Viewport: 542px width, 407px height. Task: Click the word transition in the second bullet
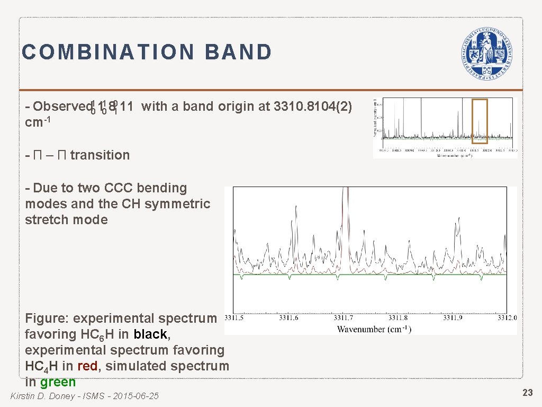pos(100,155)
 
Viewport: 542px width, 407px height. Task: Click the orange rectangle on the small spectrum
pos(480,121)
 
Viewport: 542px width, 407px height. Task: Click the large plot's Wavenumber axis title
pos(374,329)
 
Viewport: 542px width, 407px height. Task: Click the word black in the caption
pos(150,334)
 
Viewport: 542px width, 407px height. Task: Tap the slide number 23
pos(527,393)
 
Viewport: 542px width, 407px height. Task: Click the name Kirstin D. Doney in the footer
pos(43,396)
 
